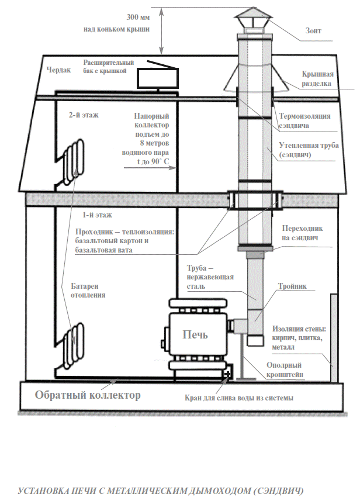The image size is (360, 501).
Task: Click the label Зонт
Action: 313,30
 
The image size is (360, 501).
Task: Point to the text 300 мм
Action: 134,17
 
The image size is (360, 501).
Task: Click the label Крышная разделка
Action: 318,79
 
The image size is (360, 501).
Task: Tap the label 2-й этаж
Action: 84,115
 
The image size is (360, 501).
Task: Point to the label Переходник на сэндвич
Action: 302,233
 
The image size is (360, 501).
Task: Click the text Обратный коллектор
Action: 88,396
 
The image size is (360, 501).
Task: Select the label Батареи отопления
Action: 88,291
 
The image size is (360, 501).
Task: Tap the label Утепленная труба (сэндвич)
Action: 309,149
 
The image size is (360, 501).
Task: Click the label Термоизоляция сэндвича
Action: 308,120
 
